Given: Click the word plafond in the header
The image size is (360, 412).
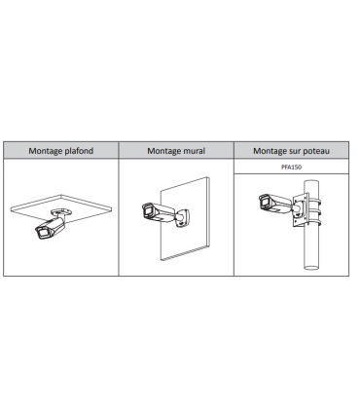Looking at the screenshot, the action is click(x=79, y=151).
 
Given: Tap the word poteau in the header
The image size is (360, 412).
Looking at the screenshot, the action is click(x=316, y=151).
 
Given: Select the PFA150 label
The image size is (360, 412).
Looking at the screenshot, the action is click(x=291, y=167).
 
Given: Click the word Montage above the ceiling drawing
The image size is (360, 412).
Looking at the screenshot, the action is click(x=46, y=151).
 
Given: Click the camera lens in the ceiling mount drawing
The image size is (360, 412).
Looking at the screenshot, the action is click(x=43, y=233).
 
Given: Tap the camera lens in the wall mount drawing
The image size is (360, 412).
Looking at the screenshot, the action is click(x=149, y=210).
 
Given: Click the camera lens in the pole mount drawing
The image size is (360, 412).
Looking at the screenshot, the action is click(x=264, y=202).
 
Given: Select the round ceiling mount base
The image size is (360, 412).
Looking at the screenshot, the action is click(x=61, y=212).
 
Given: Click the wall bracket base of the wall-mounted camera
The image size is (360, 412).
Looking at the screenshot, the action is click(x=183, y=218).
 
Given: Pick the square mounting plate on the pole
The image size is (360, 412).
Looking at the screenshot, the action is click(x=301, y=211).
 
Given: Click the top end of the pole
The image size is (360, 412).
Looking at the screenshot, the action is click(x=311, y=181).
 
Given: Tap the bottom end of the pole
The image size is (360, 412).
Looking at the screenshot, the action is click(x=311, y=268).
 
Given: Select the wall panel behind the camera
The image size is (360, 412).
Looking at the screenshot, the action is click(x=185, y=218).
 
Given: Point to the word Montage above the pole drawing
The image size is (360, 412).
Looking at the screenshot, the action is click(x=270, y=151).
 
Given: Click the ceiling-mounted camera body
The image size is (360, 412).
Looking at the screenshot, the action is click(x=51, y=228).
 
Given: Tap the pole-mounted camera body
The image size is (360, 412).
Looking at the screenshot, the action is click(x=275, y=205).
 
